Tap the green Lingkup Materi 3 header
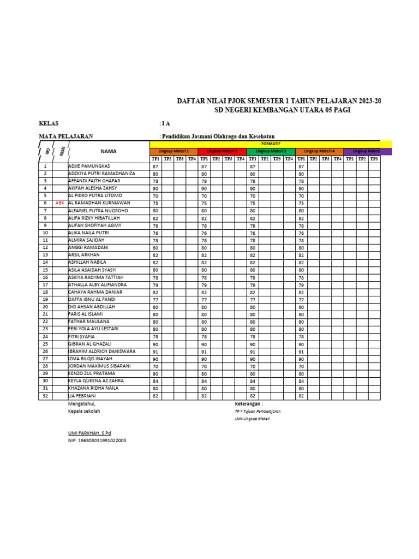click(x=271, y=151)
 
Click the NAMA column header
click(x=109, y=151)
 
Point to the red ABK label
click(x=59, y=203)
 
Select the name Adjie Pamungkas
click(x=89, y=165)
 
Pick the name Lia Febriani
click(x=82, y=396)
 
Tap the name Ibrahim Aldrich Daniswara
click(x=101, y=351)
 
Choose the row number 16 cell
click(x=45, y=277)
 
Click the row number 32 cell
click(x=45, y=396)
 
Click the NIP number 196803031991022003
click(x=97, y=440)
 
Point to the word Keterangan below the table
click(x=248, y=403)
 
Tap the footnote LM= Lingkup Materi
click(x=252, y=418)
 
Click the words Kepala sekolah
click(x=84, y=411)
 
